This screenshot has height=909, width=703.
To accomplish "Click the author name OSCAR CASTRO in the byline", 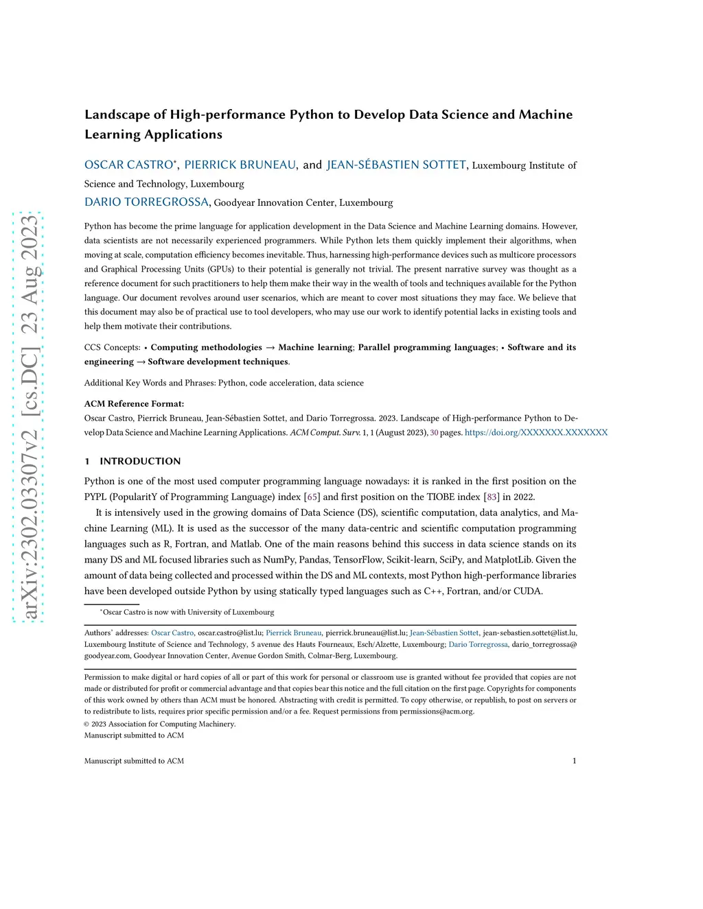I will point(128,165).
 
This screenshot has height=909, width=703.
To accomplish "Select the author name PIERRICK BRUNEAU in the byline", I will point(240,165).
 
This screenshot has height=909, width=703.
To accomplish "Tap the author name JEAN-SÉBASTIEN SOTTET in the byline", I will point(396,165).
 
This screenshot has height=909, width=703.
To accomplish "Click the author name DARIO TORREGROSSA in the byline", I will point(146,202).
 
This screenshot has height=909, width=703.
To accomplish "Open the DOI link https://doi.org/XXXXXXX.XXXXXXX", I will point(536,433).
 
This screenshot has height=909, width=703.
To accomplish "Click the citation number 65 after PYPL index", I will point(312,497).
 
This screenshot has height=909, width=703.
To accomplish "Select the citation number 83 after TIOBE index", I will point(492,497).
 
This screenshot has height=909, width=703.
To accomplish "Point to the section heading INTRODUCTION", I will point(140,461).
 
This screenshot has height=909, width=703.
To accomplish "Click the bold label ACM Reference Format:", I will point(134,403).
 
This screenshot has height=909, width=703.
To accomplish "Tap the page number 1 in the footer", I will point(574,761).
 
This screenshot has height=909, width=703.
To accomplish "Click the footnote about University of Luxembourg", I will point(187,612).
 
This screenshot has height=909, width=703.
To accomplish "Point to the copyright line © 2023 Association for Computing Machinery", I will point(160,724).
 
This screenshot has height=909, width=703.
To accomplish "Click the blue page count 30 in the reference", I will point(434,433).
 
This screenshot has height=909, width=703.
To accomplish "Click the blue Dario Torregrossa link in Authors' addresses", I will point(479,644).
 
